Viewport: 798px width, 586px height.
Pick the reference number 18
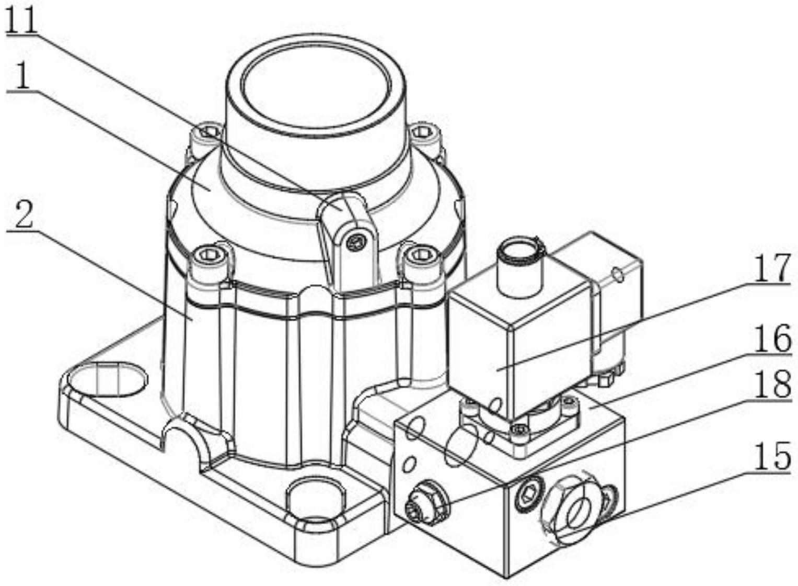click(772, 386)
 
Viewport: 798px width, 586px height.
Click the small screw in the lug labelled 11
click(356, 241)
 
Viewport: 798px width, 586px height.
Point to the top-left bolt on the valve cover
click(210, 130)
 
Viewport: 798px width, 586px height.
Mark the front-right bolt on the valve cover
click(418, 255)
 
